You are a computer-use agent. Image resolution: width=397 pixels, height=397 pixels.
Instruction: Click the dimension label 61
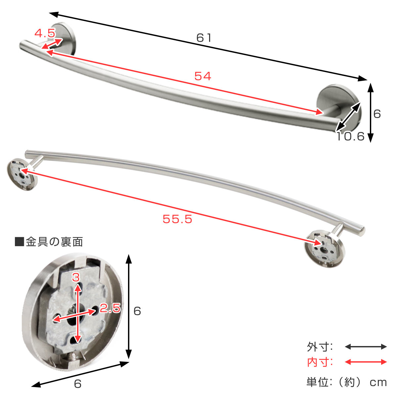click(204, 38)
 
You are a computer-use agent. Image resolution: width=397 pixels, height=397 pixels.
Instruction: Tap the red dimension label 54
click(203, 76)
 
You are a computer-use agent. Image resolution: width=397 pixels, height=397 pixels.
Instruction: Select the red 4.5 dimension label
click(45, 33)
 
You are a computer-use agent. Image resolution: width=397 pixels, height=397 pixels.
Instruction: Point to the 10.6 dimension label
click(350, 136)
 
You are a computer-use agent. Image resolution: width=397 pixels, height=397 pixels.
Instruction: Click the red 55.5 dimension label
click(177, 219)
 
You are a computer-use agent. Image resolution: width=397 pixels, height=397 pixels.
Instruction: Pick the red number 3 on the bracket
click(76, 277)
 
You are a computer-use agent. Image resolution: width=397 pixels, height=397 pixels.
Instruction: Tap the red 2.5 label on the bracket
click(110, 308)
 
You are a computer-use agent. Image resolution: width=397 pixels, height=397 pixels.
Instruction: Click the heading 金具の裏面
click(54, 242)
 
